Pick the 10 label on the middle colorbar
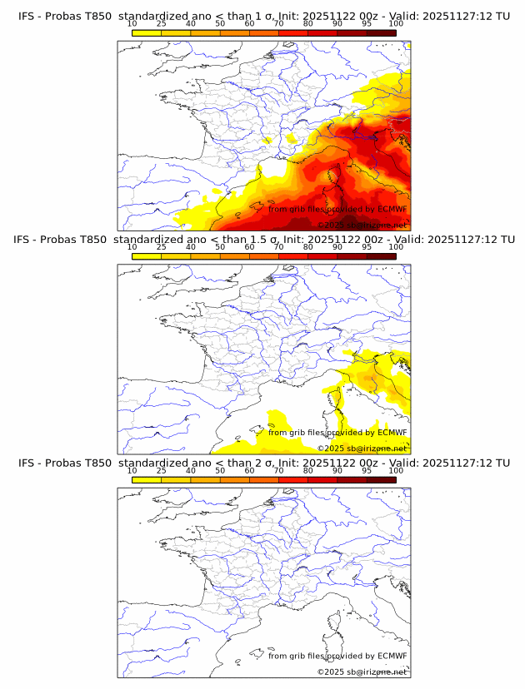(x=132, y=247)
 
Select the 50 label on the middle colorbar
(x=220, y=247)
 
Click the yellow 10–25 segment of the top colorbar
(x=147, y=32)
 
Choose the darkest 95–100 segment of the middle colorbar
(x=381, y=256)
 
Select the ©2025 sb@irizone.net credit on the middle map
(x=362, y=448)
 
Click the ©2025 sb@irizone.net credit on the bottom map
(x=362, y=672)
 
